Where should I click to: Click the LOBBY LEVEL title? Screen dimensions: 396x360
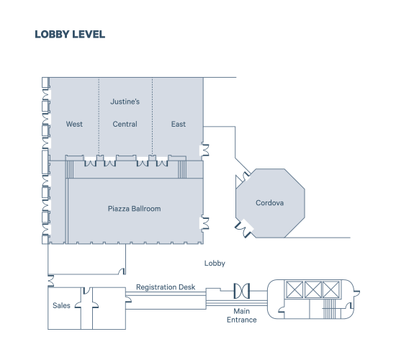70,35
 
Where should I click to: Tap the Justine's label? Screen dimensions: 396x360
125,102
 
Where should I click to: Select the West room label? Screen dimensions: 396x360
74,124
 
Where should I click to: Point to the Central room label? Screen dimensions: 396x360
125,124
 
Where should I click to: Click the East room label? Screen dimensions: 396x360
179,124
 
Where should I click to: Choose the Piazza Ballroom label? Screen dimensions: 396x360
135,209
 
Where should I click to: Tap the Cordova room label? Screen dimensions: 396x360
270,203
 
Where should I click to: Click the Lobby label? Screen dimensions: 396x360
215,264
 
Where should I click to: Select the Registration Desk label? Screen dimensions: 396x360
166,287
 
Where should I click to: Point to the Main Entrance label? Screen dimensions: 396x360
242,315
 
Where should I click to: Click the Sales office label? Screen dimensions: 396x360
61,305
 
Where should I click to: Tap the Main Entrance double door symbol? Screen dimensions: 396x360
242,291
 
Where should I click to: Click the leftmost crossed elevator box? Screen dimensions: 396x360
294,289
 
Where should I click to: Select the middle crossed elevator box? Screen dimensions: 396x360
313,289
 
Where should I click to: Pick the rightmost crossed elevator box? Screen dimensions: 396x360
331,289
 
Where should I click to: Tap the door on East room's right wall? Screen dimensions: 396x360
204,150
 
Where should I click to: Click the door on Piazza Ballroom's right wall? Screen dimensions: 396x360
204,223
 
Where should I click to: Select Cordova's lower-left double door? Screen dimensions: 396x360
243,228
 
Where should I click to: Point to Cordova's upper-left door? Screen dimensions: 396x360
243,179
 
